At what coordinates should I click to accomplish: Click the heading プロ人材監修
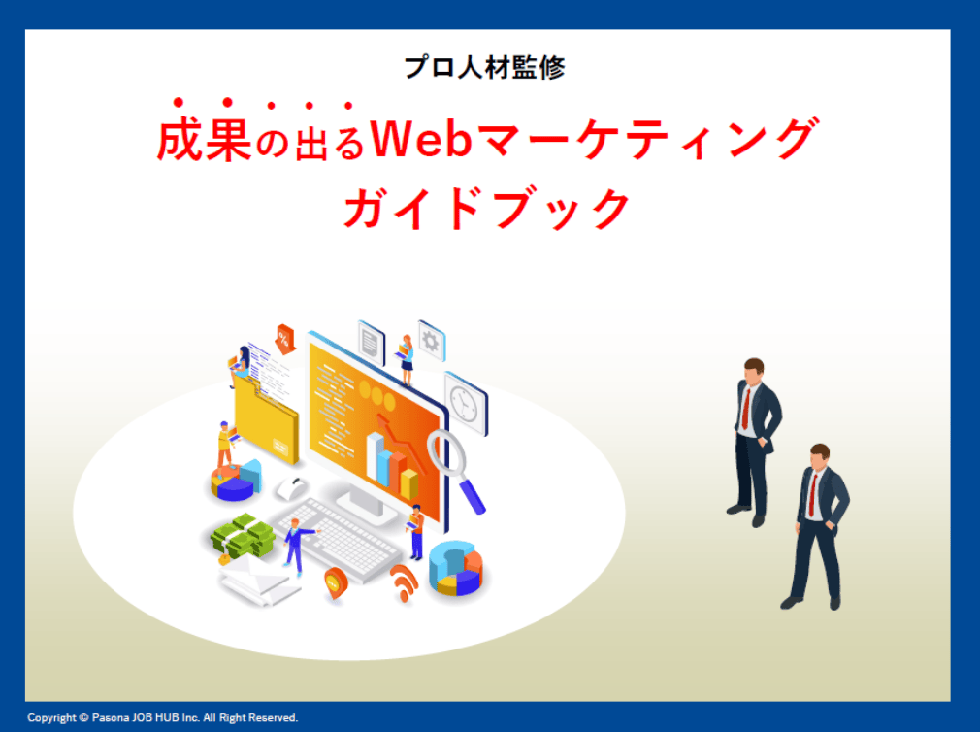pyautogui.click(x=484, y=68)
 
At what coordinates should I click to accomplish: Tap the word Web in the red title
pyautogui.click(x=421, y=140)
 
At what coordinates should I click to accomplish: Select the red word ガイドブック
pyautogui.click(x=487, y=208)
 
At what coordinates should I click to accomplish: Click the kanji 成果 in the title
pyautogui.click(x=205, y=140)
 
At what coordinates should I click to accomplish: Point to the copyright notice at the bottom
pyautogui.click(x=162, y=717)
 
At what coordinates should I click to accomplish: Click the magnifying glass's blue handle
pyautogui.click(x=473, y=497)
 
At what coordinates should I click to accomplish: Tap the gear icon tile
pyautogui.click(x=431, y=342)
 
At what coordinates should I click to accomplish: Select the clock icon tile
pyautogui.click(x=466, y=404)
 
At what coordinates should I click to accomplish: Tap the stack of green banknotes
pyautogui.click(x=244, y=536)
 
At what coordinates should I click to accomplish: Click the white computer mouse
pyautogui.click(x=291, y=487)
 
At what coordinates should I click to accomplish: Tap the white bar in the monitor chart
pyautogui.click(x=375, y=457)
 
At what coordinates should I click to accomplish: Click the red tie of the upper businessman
pyautogui.click(x=745, y=409)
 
